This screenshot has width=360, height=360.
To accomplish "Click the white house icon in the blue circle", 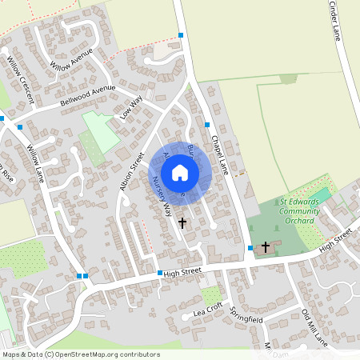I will pos(180,173).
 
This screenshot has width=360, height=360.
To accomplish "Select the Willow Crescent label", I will pos(20,78).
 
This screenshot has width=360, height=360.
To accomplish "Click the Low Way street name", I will pos(130,107).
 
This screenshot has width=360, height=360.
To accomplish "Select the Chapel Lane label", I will pos(220,151).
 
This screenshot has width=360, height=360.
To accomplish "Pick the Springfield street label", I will pos(246,314).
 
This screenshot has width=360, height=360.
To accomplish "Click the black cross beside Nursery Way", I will pos(182,223).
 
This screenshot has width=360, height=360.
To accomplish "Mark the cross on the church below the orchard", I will pos(266,247).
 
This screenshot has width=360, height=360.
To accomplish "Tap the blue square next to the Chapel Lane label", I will pos(206,125).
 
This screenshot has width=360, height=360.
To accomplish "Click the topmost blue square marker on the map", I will pos(182,35).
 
